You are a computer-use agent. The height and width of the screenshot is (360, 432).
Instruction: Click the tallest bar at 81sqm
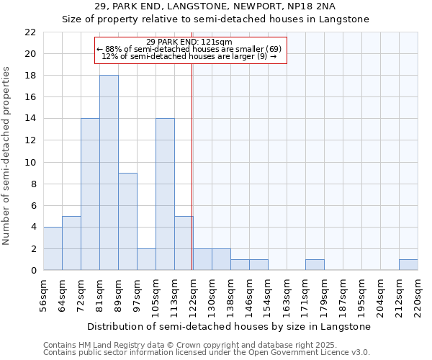(109, 173)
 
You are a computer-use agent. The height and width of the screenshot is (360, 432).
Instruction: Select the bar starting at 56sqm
(53, 248)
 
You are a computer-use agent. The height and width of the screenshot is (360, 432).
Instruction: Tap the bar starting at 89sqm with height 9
(127, 221)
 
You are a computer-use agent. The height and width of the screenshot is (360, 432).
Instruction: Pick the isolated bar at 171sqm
(315, 265)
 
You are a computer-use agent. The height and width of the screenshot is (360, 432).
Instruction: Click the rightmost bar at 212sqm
(408, 265)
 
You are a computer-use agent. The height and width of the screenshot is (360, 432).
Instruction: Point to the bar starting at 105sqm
(165, 194)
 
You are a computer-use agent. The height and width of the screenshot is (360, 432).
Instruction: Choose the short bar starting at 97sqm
(146, 259)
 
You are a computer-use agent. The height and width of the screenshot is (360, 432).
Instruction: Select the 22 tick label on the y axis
(30, 32)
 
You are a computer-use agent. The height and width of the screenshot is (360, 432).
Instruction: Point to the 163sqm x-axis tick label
(287, 294)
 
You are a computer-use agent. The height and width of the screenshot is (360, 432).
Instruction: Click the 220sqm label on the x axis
(418, 294)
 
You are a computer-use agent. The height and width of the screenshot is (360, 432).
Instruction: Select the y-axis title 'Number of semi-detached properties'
(7, 156)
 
